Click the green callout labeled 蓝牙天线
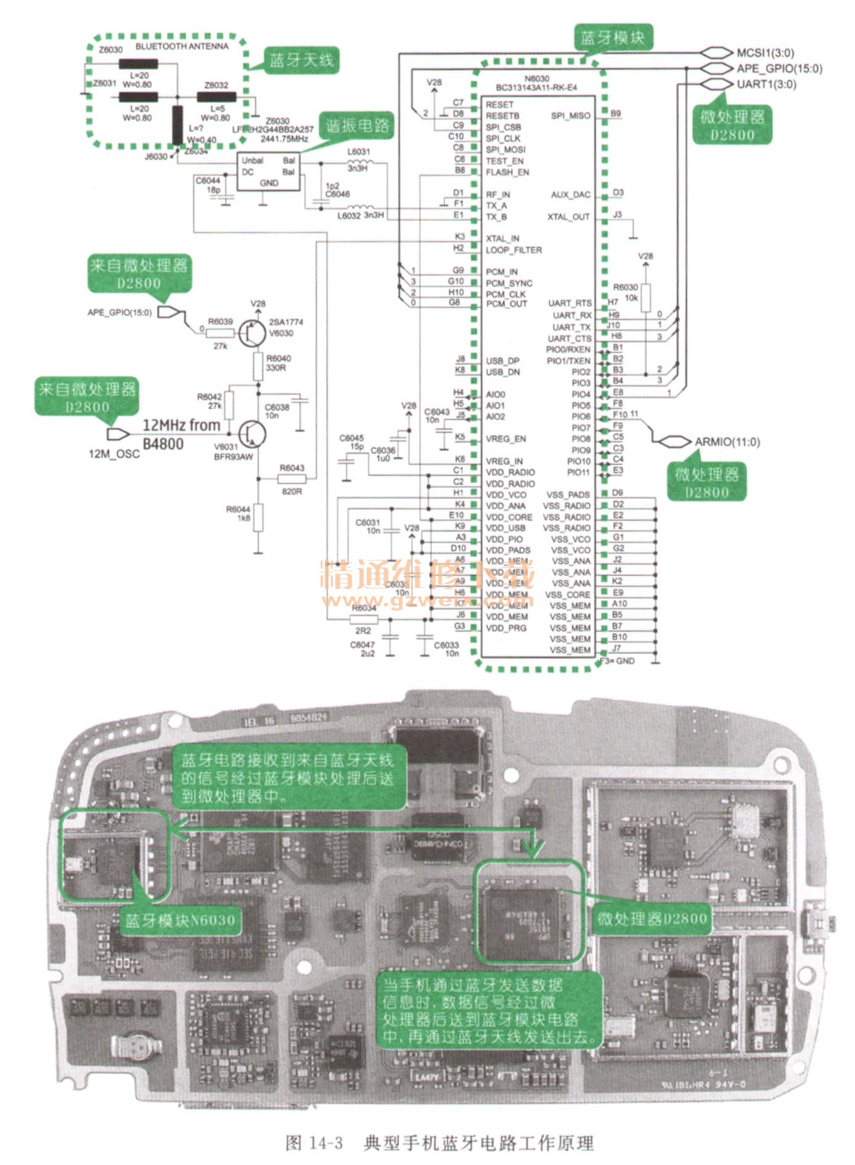[x=301, y=60]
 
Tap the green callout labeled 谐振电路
[x=357, y=126]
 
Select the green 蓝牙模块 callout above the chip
[x=612, y=38]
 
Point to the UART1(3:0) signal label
[x=766, y=84]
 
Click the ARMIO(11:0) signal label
[x=727, y=442]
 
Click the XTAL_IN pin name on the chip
[x=502, y=238]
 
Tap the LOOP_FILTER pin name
[x=513, y=250]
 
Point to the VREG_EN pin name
[x=505, y=439]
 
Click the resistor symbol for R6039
[x=220, y=333]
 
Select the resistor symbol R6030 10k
[x=645, y=298]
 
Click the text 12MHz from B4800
[x=181, y=434]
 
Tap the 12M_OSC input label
[x=114, y=454]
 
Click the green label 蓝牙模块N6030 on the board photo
[x=180, y=920]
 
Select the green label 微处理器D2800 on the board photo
[x=652, y=919]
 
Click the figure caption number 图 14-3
[x=314, y=1143]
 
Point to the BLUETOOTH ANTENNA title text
[x=182, y=46]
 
